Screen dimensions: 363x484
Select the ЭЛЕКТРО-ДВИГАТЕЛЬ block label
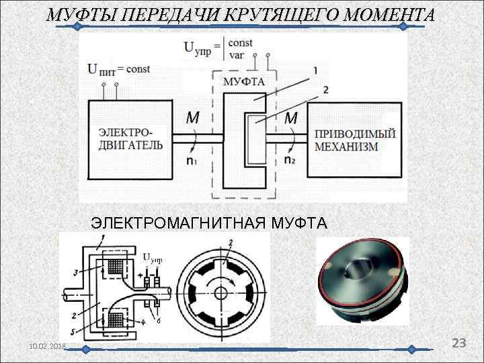pos(130,138)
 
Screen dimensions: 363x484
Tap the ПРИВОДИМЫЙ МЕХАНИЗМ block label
pos(355,140)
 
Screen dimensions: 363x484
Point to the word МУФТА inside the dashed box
pos(243,82)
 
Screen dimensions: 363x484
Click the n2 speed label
pos(289,161)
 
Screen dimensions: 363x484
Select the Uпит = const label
pos(119,68)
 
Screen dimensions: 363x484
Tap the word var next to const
pos(237,54)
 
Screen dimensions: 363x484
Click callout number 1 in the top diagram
pos(315,69)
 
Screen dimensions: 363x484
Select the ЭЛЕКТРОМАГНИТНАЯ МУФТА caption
pos(209,223)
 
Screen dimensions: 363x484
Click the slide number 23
pos(459,343)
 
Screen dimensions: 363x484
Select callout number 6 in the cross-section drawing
pos(158,321)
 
